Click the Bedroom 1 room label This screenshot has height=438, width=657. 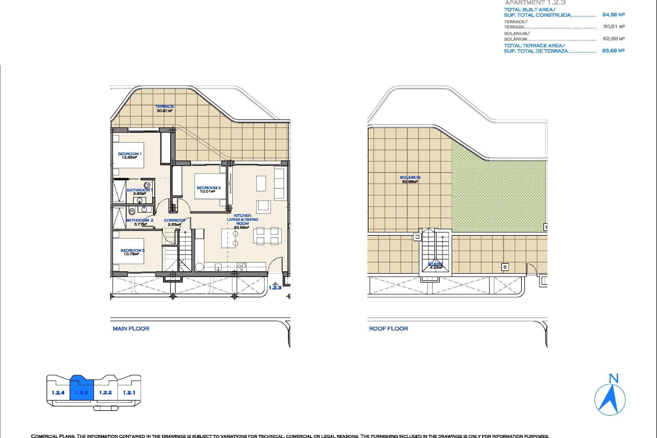[129, 154]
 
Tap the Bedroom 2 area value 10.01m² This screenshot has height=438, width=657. [207, 192]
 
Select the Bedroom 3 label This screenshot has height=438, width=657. [132, 250]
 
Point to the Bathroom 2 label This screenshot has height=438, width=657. [140, 220]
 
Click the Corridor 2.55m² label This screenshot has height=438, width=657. [175, 222]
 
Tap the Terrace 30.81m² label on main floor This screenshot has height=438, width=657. [165, 109]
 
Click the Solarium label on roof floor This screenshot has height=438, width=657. [410, 178]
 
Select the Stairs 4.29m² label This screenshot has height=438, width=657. [435, 266]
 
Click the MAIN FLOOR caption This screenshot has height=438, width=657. [131, 329]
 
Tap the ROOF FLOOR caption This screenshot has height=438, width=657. [388, 329]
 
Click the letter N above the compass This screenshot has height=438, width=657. [614, 378]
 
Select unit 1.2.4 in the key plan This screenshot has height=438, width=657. [58, 393]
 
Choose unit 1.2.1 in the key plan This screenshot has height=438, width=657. [129, 393]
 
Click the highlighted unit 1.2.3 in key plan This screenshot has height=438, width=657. [81, 393]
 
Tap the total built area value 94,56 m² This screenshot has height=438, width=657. [613, 15]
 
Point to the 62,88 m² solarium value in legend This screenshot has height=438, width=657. [614, 39]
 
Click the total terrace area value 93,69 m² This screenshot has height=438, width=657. [613, 51]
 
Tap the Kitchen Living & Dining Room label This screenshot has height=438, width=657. [242, 220]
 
